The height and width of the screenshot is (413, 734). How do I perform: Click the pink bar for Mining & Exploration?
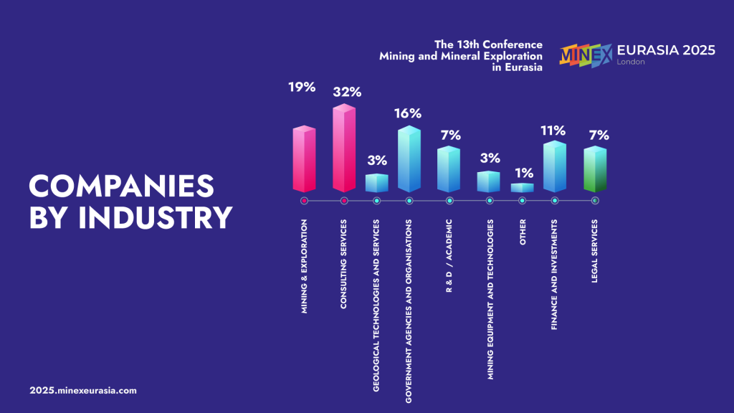304,160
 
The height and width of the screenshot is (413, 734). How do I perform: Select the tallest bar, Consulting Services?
344,149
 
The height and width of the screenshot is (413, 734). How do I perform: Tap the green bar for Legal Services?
595,170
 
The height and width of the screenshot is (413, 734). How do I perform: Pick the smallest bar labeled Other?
522,188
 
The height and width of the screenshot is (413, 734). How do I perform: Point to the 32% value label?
347,92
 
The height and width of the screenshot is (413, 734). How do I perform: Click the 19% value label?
302,87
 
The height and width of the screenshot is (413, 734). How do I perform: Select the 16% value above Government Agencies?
408,113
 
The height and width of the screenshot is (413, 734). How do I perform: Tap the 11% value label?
554,130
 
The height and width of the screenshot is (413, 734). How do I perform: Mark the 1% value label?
523,172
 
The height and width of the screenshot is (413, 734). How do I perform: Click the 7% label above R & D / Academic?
450,135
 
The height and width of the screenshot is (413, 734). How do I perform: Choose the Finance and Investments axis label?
555,275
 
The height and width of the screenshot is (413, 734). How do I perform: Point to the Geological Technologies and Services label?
377,305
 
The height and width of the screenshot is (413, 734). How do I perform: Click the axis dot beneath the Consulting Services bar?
344,201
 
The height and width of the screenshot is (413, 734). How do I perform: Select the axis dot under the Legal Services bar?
595,201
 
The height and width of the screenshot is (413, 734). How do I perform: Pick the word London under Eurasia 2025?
631,62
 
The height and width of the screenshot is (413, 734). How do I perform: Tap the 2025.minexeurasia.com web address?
83,391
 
